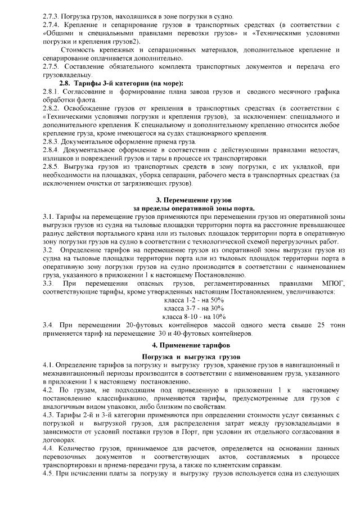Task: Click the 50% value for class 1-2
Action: [x=215, y=300]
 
